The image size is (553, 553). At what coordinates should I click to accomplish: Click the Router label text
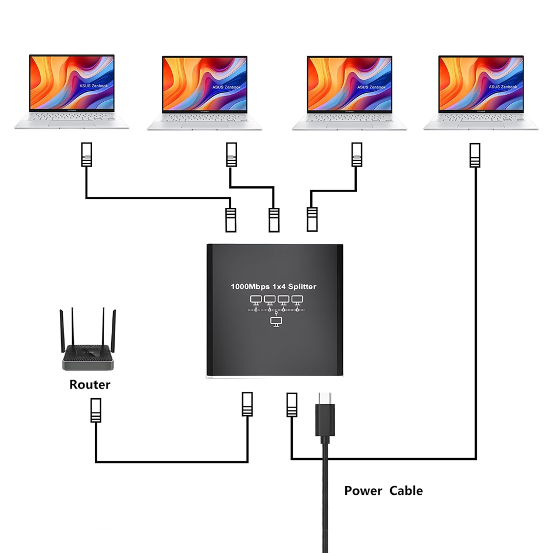tap(90, 385)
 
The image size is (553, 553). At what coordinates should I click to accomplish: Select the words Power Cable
tap(383, 491)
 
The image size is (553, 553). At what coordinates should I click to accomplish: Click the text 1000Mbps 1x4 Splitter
tap(274, 286)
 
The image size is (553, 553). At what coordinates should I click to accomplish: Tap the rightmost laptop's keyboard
tap(481, 118)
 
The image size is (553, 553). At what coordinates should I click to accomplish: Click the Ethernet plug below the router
tap(96, 411)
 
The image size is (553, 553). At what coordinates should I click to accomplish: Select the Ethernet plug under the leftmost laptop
tap(86, 155)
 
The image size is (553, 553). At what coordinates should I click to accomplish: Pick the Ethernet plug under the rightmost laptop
tap(475, 155)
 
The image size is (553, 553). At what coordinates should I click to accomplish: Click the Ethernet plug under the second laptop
tap(232, 155)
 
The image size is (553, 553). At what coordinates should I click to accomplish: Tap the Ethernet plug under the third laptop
tap(357, 155)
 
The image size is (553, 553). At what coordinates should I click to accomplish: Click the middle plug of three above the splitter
tap(274, 219)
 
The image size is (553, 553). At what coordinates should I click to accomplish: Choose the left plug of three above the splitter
tap(231, 219)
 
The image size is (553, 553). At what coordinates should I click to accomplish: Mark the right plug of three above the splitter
tap(313, 219)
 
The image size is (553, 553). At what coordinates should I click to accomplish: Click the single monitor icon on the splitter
tap(276, 321)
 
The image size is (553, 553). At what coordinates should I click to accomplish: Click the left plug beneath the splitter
tap(248, 404)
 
